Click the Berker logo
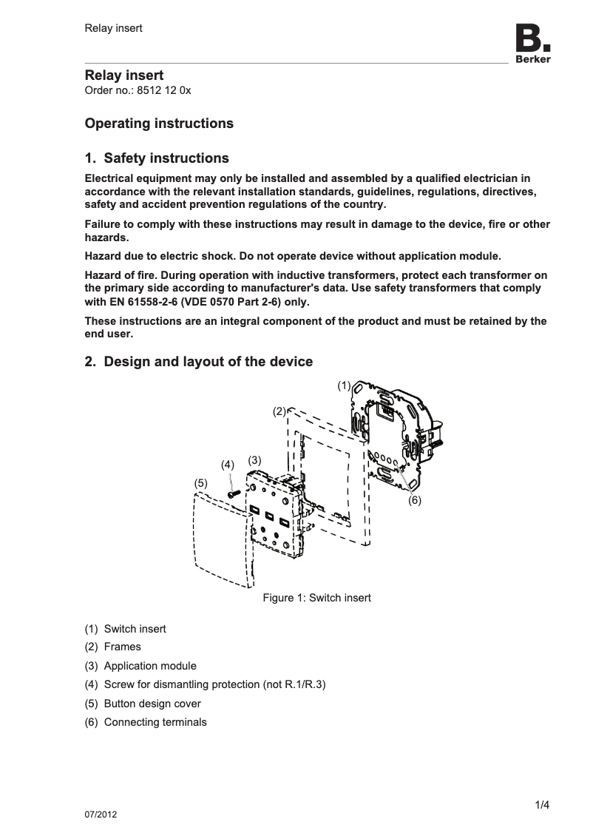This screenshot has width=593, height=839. (x=532, y=44)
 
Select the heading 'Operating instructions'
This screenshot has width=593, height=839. (x=159, y=124)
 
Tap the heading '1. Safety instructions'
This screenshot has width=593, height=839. (x=157, y=158)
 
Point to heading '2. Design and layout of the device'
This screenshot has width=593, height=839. (x=198, y=362)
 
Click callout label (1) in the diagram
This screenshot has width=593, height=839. (x=344, y=385)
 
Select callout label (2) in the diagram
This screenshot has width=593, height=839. (x=279, y=411)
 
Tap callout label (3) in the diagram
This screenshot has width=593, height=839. (x=254, y=459)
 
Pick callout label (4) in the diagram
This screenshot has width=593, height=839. (x=228, y=465)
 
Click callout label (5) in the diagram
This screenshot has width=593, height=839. (x=200, y=482)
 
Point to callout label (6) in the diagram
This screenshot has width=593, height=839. (x=415, y=500)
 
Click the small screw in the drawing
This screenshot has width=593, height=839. (x=233, y=489)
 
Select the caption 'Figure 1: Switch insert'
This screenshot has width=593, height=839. (x=316, y=598)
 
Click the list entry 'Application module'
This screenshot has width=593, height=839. (x=150, y=666)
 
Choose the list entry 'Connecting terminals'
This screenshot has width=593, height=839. (x=155, y=722)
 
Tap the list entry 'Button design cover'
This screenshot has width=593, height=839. (x=152, y=704)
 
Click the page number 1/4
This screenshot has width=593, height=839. (x=542, y=805)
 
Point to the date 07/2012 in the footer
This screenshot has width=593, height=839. (x=101, y=815)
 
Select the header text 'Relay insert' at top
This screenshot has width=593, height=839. (x=113, y=28)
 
